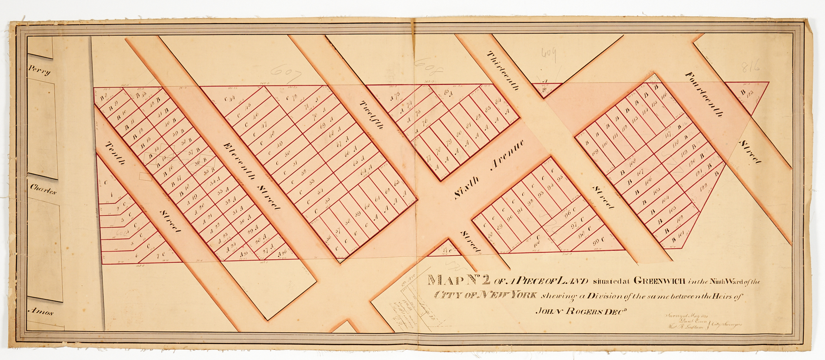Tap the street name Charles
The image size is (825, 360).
pos(43,189)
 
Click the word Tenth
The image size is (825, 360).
pos(115,153)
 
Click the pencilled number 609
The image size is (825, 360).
pos(549,54)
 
